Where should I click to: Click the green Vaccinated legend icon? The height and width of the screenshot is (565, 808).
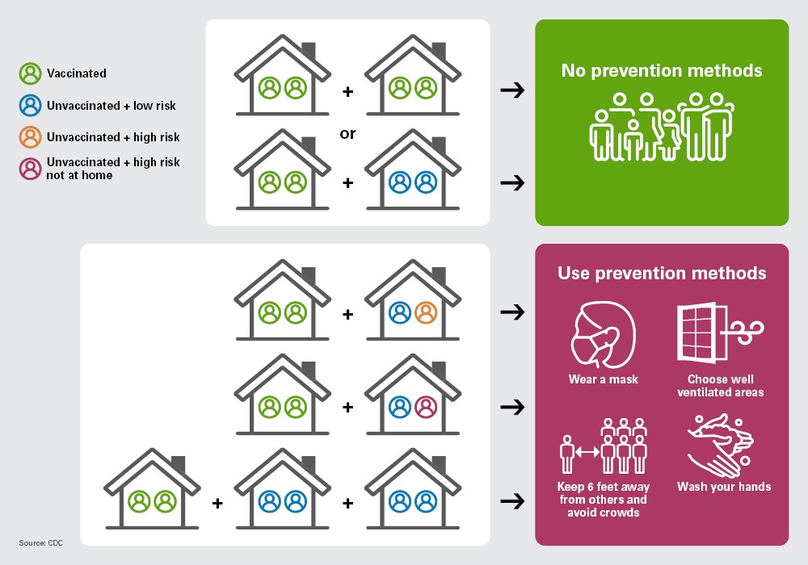tap(31, 73)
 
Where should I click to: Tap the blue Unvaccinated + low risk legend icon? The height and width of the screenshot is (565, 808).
tap(31, 106)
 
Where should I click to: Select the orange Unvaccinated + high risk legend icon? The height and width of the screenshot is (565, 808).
tap(31, 137)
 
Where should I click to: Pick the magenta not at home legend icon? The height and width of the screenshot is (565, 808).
tap(31, 169)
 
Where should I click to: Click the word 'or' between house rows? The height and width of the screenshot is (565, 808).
tap(347, 134)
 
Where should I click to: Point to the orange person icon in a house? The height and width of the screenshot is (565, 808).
tap(426, 312)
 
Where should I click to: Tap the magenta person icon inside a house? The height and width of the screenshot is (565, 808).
tap(426, 407)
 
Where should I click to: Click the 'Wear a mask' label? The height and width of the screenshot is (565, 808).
tap(603, 379)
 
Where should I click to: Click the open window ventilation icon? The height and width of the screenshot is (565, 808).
tap(720, 332)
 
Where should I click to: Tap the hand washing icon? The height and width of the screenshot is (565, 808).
tap(721, 446)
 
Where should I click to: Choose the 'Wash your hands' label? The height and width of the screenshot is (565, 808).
tap(724, 487)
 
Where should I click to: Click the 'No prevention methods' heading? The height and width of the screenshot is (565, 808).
tap(662, 70)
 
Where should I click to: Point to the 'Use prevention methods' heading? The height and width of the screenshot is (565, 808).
tap(662, 274)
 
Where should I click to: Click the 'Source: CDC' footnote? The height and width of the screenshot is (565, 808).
tap(40, 543)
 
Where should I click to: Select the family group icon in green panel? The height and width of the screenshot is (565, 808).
tap(662, 127)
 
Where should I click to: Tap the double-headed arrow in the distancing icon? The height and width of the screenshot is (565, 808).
tap(587, 452)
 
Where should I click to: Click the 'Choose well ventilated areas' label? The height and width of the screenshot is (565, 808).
tap(721, 386)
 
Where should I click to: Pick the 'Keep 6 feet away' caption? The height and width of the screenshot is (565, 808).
tap(604, 487)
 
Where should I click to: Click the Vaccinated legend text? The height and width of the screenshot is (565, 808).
tap(77, 73)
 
